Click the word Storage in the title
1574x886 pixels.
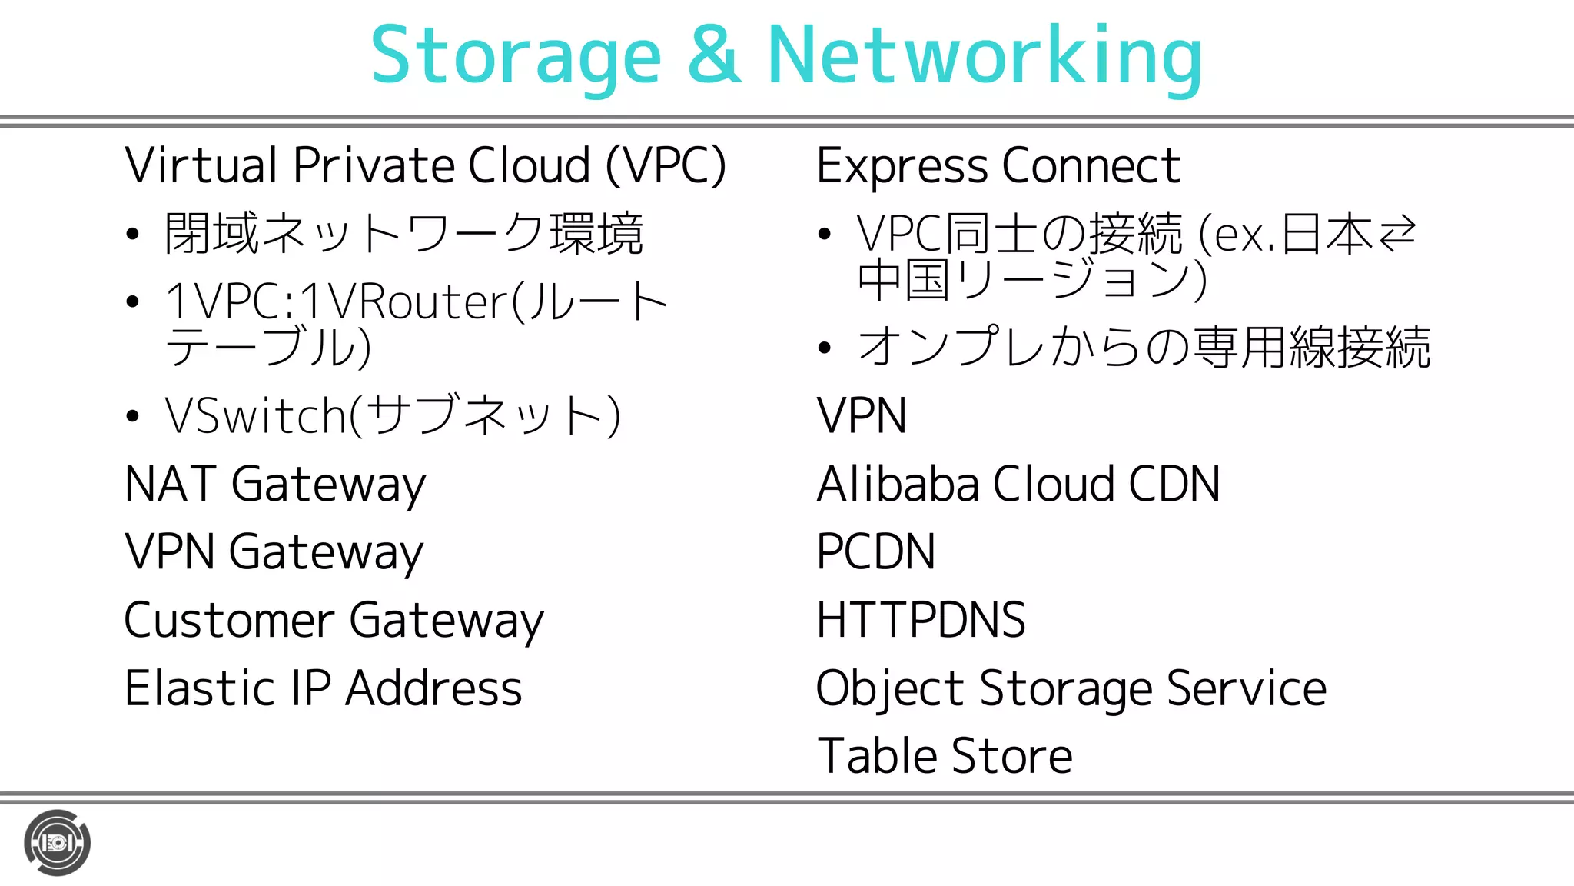pos(516,56)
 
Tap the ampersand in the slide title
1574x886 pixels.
pos(714,55)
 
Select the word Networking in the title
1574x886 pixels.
pos(985,56)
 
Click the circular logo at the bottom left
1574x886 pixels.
pos(57,843)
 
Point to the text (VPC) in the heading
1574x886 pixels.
pos(666,166)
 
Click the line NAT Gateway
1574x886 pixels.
pos(275,485)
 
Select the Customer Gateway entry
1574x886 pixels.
pos(334,621)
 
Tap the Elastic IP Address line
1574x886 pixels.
pos(323,688)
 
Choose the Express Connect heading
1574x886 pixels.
pos(998,166)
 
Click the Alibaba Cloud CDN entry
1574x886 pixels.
pos(1018,485)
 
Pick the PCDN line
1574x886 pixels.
pos(875,552)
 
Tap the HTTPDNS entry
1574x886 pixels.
pos(920,620)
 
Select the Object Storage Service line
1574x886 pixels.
pos(1071,688)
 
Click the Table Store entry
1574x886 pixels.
pos(944,756)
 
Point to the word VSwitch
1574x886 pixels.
pos(256,416)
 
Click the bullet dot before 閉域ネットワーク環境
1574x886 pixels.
pos(133,234)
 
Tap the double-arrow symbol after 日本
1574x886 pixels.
pos(1396,234)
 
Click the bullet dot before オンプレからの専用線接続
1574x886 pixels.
pos(825,348)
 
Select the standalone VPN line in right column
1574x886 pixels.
pos(861,416)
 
